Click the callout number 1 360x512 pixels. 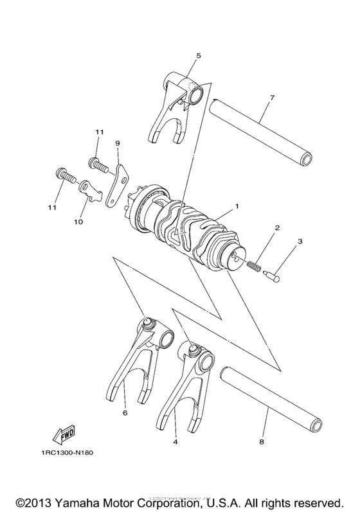click(237, 206)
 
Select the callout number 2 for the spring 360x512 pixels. click(277, 228)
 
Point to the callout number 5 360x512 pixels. click(199, 56)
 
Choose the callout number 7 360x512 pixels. click(272, 97)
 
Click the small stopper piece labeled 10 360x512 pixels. click(90, 191)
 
